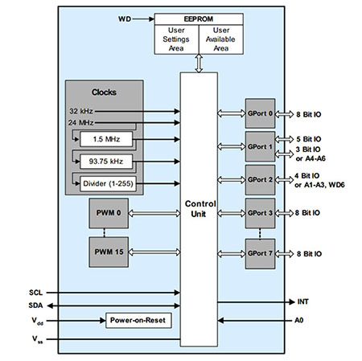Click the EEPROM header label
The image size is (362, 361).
[199, 19]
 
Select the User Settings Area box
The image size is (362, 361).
[176, 39]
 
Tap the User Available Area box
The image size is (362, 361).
[221, 39]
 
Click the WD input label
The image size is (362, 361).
[125, 19]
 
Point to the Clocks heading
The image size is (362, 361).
[104, 92]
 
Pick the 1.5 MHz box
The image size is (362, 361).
[106, 139]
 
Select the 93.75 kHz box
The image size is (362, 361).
[106, 162]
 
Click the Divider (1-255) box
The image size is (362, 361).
[108, 183]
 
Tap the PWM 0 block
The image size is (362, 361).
[109, 213]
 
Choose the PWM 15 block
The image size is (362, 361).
[109, 252]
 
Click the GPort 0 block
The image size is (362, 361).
[260, 113]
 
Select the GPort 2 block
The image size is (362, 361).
[260, 180]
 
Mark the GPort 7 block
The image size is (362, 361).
[260, 253]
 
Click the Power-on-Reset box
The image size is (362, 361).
[138, 320]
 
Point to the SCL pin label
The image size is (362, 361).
[35, 293]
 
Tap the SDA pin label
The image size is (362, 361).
[35, 306]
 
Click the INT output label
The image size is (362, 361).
[302, 302]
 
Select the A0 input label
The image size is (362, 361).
[299, 320]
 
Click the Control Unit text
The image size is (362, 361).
[200, 209]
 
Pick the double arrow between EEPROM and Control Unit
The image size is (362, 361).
[199, 64]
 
